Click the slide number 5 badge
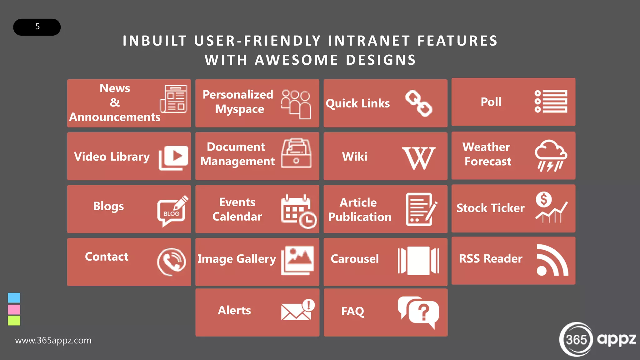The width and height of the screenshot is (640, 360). [x=37, y=27]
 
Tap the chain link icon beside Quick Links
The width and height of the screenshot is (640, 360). [x=418, y=103]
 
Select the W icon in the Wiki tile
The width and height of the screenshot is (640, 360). [x=418, y=158]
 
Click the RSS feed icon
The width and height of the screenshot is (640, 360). [x=552, y=260]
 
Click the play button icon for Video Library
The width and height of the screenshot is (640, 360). [x=174, y=157]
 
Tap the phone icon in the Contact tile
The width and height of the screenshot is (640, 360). [x=172, y=262]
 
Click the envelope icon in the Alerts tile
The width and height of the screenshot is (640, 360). [x=296, y=312]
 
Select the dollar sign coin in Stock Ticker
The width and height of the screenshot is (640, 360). [x=544, y=199]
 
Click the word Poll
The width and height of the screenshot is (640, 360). [x=491, y=102]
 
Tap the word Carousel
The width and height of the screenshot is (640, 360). [x=354, y=259]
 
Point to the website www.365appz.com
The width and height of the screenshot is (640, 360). [x=53, y=340]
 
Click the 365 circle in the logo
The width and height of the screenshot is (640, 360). [x=576, y=339]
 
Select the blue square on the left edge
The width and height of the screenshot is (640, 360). [x=14, y=297]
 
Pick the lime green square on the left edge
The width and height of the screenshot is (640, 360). [x=14, y=320]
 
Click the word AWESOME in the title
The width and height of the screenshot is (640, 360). [x=296, y=60]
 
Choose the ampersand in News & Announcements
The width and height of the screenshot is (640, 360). [x=115, y=102]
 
